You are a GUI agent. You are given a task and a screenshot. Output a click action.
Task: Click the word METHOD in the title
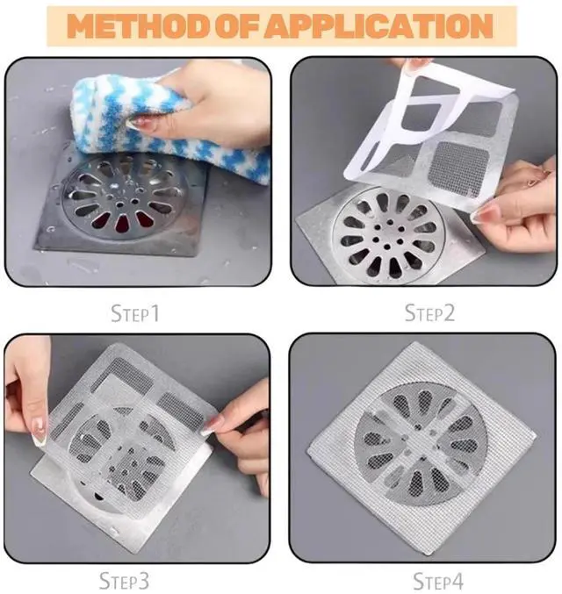(x=129, y=25)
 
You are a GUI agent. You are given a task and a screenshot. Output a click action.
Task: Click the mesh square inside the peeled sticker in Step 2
(x=456, y=162)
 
